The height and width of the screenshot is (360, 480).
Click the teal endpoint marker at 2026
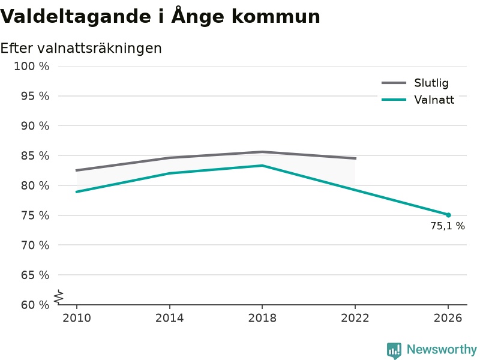click(448, 215)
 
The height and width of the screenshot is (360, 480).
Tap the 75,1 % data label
click(448, 226)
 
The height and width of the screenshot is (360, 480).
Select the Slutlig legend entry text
click(431, 83)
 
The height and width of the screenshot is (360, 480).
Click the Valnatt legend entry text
click(434, 100)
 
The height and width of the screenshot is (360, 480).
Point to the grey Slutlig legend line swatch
click(394, 83)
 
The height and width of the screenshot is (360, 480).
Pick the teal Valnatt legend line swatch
click(394, 100)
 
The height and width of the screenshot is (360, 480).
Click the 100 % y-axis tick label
click(32, 66)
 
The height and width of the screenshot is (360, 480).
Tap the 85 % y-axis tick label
click(35, 156)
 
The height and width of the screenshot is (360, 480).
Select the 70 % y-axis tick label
click(35, 245)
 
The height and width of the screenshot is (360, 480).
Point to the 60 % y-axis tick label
click(35, 305)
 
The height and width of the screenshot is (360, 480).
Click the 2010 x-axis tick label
click(77, 318)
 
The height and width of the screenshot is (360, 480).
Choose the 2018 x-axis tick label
click(262, 318)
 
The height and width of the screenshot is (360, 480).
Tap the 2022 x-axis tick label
click(355, 318)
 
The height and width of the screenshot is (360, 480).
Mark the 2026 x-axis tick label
click(448, 318)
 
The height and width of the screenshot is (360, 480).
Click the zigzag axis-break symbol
click(59, 297)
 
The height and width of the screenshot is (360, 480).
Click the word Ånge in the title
click(198, 17)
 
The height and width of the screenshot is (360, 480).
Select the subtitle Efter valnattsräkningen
click(81, 49)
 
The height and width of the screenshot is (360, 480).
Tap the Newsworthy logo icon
click(394, 350)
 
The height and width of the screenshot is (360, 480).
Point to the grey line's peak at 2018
click(262, 152)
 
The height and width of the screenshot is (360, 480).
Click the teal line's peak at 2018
click(262, 166)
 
